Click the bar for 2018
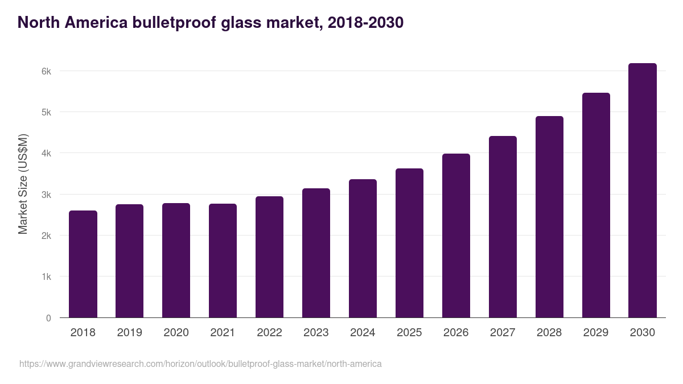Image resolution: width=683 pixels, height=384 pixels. [83, 264]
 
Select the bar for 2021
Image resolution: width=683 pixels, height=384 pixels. [223, 261]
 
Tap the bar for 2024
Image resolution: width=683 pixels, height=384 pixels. [363, 249]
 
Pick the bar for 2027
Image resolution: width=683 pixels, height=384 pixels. [503, 227]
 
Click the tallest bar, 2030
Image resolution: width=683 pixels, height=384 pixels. [643, 191]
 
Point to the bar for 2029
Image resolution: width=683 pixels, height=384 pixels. [596, 205]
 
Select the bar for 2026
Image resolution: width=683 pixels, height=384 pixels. [456, 236]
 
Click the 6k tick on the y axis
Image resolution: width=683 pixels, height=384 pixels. [46, 71]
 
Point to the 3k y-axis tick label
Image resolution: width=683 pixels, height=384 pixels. [46, 195]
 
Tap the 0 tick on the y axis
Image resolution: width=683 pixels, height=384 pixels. [48, 318]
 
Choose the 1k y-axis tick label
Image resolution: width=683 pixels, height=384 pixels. [46, 277]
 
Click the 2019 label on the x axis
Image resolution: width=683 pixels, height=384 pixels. [130, 333]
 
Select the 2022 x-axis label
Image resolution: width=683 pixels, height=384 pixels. [269, 333]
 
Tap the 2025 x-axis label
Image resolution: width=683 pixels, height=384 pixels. [409, 333]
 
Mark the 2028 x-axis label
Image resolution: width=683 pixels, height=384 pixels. [549, 333]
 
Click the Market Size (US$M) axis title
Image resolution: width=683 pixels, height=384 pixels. [23, 184]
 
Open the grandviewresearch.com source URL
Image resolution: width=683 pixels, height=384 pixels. [200, 364]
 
